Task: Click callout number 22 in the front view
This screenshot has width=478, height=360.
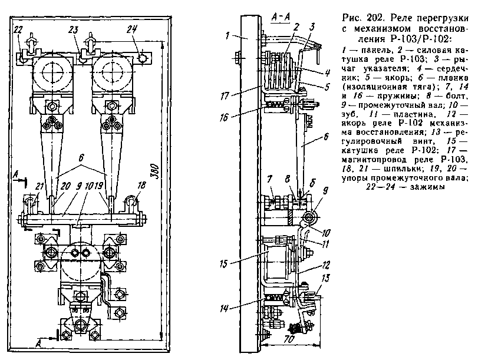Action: [x=18, y=29]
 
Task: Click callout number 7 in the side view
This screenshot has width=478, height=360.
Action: [x=269, y=179]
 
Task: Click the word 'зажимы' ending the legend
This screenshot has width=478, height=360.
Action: [x=428, y=187]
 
